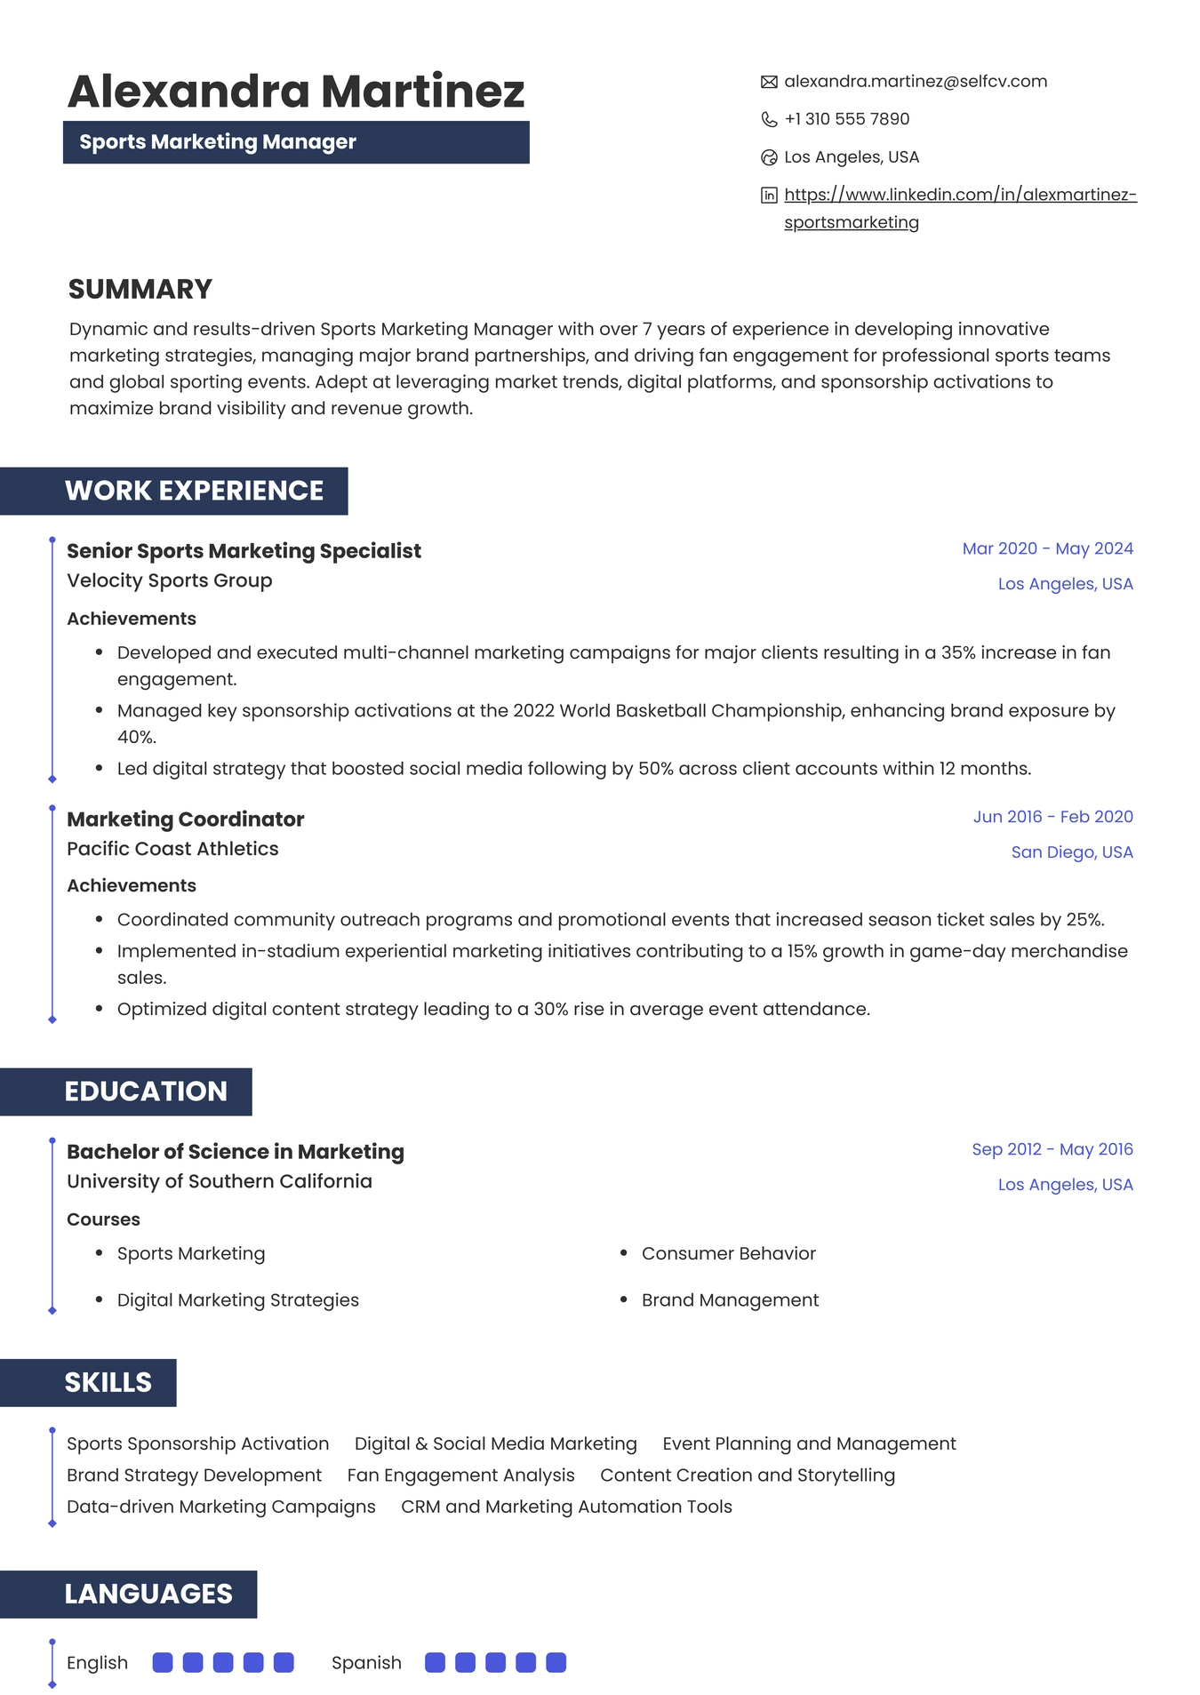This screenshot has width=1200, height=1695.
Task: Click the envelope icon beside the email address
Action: click(x=769, y=82)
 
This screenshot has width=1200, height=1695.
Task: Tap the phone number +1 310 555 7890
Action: click(x=846, y=119)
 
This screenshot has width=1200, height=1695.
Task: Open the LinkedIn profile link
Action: click(x=960, y=195)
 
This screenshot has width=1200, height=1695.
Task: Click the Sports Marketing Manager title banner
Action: click(x=296, y=142)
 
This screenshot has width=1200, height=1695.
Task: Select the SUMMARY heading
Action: click(x=140, y=289)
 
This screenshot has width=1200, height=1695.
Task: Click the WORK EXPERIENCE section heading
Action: click(x=194, y=491)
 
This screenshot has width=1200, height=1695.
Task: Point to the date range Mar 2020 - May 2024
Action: click(x=1047, y=548)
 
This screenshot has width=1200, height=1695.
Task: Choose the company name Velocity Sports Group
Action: click(x=170, y=580)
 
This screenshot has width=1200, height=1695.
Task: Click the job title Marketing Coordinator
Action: click(x=186, y=819)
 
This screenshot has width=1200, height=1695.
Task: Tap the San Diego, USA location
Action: click(x=1071, y=851)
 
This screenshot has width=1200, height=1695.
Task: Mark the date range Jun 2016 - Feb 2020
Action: click(x=1052, y=816)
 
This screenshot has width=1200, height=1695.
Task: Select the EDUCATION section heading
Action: click(x=146, y=1091)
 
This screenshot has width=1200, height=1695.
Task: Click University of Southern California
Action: click(x=220, y=1181)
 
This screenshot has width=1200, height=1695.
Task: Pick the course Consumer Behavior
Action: click(x=728, y=1253)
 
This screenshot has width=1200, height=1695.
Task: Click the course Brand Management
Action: click(x=730, y=1299)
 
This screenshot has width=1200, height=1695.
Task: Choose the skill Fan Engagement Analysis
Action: click(x=460, y=1475)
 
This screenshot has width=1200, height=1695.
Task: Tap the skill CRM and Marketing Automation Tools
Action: click(x=566, y=1507)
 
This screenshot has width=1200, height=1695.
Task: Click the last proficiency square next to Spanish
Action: click(x=556, y=1662)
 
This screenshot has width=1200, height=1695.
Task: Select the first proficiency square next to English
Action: click(x=163, y=1662)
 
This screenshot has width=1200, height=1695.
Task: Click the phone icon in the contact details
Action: click(x=769, y=119)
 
